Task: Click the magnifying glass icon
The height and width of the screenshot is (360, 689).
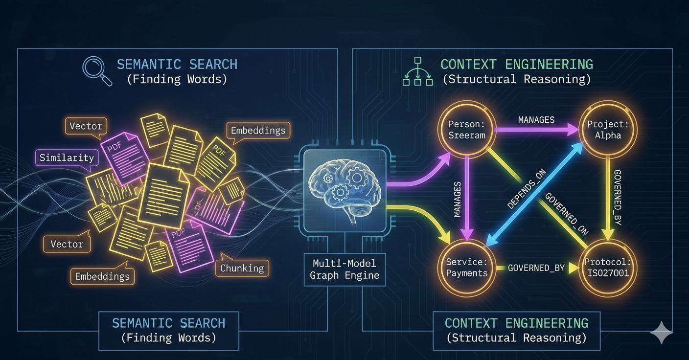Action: pyautogui.click(x=96, y=70)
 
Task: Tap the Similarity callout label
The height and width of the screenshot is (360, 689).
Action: pyautogui.click(x=67, y=157)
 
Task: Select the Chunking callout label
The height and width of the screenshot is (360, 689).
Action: pyautogui.click(x=242, y=268)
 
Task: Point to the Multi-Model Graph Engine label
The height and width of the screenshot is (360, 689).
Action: pyautogui.click(x=344, y=269)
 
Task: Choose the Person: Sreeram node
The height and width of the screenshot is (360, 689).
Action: pyautogui.click(x=467, y=129)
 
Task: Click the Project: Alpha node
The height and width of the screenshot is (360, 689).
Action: pyautogui.click(x=608, y=129)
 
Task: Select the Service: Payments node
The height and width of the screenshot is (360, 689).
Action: pyautogui.click(x=467, y=267)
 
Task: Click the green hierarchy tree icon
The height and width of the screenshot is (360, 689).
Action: pyautogui.click(x=417, y=71)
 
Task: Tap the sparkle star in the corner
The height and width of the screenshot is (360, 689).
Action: pyautogui.click(x=662, y=333)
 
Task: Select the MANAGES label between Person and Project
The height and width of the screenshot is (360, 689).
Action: pyautogui.click(x=536, y=119)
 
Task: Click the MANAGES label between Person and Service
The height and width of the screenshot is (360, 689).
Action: pyautogui.click(x=457, y=199)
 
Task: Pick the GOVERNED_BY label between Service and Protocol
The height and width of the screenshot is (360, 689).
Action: pyautogui.click(x=536, y=268)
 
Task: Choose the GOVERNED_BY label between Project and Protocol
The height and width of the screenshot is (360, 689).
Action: pyautogui.click(x=617, y=198)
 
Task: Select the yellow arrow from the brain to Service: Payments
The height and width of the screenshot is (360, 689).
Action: pyautogui.click(x=421, y=215)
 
